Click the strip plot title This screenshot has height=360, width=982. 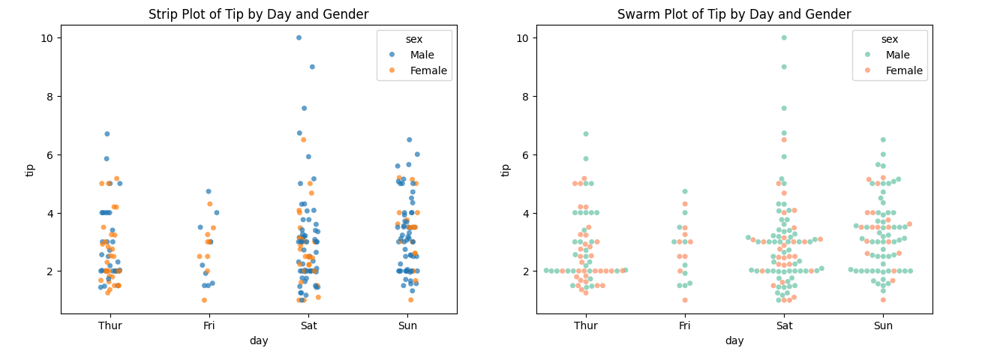coord(258,14)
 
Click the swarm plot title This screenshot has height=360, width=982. coord(734,14)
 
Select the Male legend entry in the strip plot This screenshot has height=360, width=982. coord(422,55)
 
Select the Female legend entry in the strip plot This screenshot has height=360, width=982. coord(428,70)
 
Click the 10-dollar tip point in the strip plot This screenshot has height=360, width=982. coord(299,37)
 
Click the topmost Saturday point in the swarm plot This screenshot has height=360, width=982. coord(784,37)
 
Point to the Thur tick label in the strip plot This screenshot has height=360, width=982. coord(110,325)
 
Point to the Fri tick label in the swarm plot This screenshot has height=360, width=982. coord(684,325)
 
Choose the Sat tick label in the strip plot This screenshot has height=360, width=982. coord(308,325)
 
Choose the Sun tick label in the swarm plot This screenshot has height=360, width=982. coord(883,325)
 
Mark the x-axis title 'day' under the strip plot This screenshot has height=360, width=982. coord(259,340)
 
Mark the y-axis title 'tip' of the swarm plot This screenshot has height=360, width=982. coord(506,169)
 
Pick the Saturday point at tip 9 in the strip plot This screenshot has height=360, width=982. coord(312,67)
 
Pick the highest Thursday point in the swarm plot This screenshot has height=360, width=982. coord(586,134)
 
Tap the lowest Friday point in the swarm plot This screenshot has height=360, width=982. coord(684,300)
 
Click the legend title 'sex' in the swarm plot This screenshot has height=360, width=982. coord(889,39)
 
